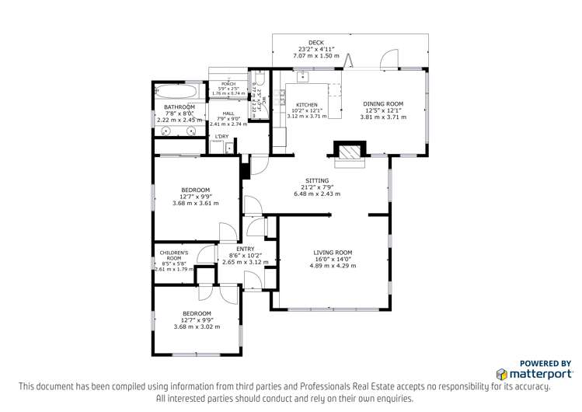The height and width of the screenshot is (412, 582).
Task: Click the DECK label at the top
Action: [x=315, y=43]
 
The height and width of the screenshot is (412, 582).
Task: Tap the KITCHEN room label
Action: [x=307, y=104]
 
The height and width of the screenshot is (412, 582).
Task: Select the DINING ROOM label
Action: [x=384, y=103]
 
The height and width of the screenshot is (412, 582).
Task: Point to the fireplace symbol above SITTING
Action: [x=349, y=150]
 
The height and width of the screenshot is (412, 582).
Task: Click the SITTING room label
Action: [x=316, y=180]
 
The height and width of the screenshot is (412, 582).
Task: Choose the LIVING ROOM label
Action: [x=333, y=252]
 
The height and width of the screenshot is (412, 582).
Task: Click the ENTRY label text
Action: [x=234, y=248]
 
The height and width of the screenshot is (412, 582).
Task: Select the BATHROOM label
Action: [x=179, y=107]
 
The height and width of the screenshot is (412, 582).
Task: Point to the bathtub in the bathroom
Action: [x=182, y=91]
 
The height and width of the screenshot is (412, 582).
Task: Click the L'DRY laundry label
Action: [x=222, y=137]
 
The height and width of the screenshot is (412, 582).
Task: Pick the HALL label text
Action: [x=228, y=113]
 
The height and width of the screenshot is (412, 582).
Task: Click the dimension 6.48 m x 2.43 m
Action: [x=316, y=194]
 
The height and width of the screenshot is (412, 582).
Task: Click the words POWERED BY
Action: [x=545, y=362]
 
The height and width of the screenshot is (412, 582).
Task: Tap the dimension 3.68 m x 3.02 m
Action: [x=196, y=327]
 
